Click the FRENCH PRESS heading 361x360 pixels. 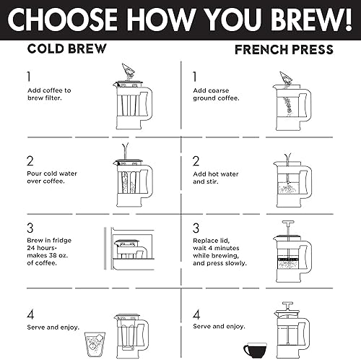pos(284,50)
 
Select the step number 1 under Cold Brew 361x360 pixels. pos(29,75)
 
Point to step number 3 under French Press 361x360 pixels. pos(196,228)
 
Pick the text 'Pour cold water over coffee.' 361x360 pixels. pos(51,178)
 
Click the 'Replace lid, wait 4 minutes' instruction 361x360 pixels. pos(219,252)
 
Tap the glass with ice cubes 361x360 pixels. pos(94,343)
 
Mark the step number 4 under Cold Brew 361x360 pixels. pos(30,314)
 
